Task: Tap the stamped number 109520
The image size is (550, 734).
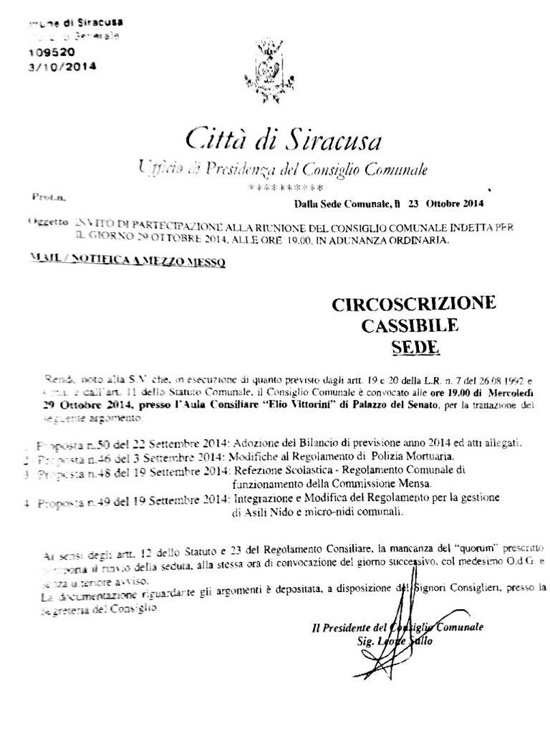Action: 51,52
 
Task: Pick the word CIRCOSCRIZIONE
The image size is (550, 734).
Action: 413,305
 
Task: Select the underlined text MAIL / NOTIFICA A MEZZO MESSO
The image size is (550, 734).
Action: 129,263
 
